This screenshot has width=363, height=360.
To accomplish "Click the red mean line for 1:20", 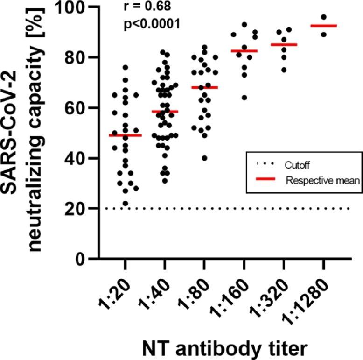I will click(x=125, y=135).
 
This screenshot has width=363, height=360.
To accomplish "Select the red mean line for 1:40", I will click(x=165, y=112).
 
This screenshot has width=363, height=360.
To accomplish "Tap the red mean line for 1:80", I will click(x=204, y=87).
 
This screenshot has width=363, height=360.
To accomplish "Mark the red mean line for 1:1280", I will click(x=323, y=26).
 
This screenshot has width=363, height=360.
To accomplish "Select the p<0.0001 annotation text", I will click(x=152, y=24).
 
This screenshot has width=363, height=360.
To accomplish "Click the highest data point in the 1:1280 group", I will click(x=323, y=17).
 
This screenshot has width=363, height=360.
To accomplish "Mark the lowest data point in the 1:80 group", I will click(x=204, y=158).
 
